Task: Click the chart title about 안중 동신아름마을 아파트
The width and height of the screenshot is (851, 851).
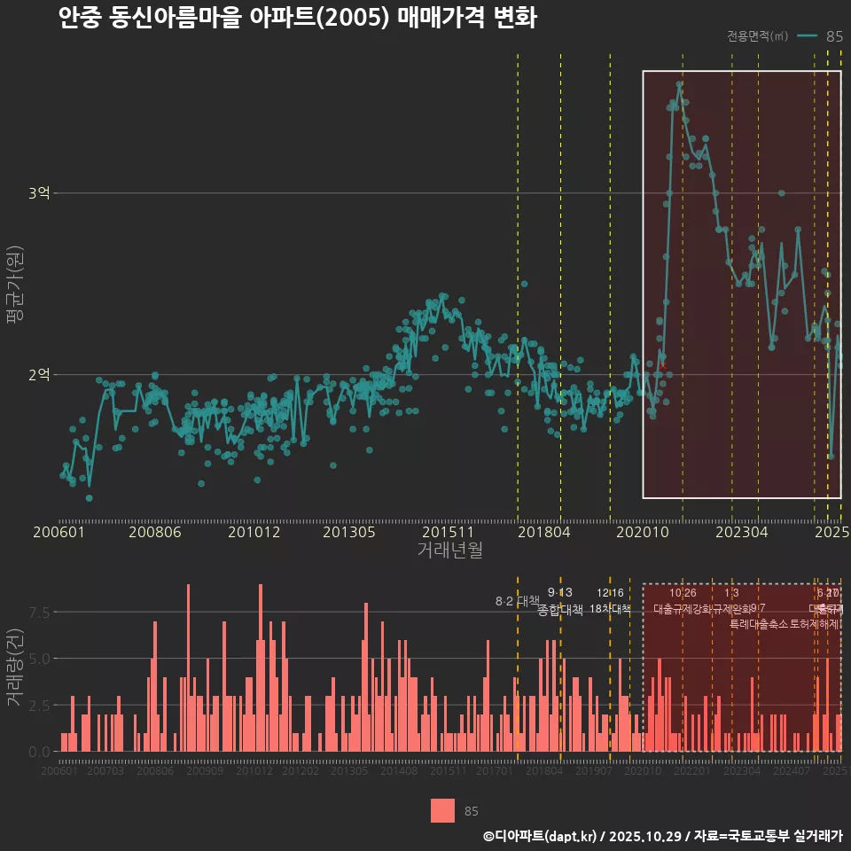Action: click(x=297, y=19)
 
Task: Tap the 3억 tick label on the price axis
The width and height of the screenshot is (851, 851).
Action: click(x=39, y=193)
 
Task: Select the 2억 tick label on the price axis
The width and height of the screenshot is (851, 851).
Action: click(x=39, y=375)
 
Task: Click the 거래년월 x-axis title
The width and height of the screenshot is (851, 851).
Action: click(x=449, y=550)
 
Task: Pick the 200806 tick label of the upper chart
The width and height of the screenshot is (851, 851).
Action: click(x=155, y=533)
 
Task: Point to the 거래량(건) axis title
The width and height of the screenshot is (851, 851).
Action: click(x=15, y=667)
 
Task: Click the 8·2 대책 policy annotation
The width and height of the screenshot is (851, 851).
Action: click(x=517, y=601)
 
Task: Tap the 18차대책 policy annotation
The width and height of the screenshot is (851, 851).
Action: click(x=610, y=609)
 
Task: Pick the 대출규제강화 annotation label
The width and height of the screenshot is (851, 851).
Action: click(x=683, y=609)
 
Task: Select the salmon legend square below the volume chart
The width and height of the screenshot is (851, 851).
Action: click(x=442, y=810)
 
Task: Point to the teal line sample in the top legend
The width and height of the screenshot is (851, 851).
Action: click(x=807, y=36)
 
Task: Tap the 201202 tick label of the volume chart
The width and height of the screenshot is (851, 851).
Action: click(x=301, y=772)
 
